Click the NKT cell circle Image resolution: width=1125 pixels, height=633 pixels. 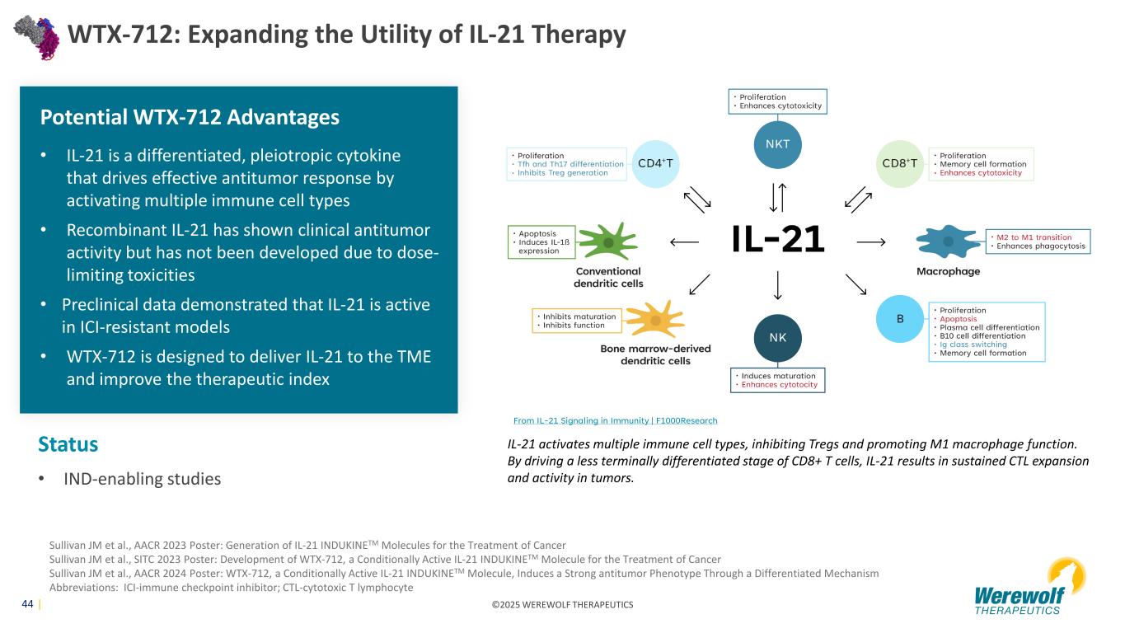(x=777, y=145)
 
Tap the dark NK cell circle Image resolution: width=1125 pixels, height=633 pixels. (x=777, y=338)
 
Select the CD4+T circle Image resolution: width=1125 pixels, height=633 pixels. (x=655, y=164)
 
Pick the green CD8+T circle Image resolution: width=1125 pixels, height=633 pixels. (x=900, y=164)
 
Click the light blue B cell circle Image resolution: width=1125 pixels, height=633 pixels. (x=900, y=319)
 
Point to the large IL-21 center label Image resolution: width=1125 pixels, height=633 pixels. (x=778, y=239)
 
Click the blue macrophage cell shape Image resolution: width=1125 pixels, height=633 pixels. (x=948, y=241)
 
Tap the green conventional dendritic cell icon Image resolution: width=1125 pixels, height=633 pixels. (x=608, y=241)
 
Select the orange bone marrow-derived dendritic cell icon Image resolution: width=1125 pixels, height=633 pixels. (x=655, y=319)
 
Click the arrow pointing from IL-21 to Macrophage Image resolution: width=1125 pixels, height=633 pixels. (x=871, y=242)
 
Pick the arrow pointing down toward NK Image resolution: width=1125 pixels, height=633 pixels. (x=777, y=285)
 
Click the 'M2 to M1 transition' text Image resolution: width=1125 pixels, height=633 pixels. (x=1034, y=237)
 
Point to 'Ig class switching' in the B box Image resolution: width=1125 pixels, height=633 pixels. (x=973, y=345)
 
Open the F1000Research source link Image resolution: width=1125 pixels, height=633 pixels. (x=615, y=420)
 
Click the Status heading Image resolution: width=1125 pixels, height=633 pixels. (x=68, y=444)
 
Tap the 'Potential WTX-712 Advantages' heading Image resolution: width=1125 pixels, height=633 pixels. (x=190, y=117)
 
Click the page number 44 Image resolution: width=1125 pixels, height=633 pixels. (x=27, y=604)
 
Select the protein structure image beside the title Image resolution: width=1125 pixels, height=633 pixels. (x=36, y=37)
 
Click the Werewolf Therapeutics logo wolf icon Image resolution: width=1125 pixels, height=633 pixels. (x=1067, y=578)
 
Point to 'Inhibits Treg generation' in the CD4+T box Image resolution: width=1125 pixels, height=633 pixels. (x=562, y=173)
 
